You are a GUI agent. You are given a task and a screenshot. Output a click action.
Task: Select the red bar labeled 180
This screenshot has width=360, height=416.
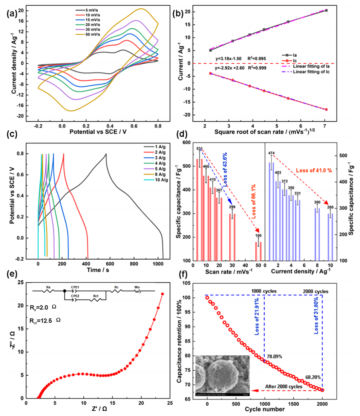259,251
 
